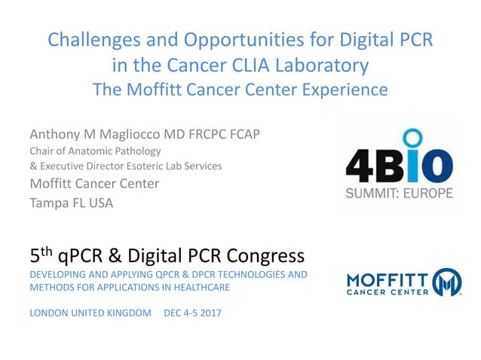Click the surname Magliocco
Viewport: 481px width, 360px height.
131,136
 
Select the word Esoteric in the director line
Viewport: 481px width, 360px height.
155,166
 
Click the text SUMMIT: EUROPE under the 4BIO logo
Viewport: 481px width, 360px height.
399,193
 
